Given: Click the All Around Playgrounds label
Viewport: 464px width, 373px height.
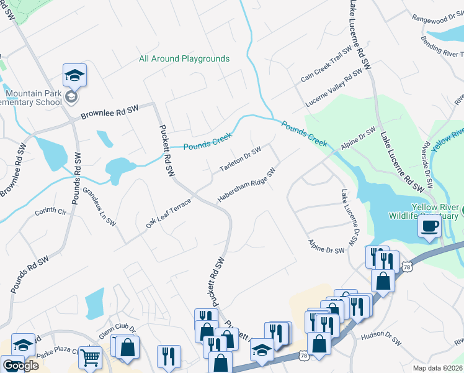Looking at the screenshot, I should (184, 59).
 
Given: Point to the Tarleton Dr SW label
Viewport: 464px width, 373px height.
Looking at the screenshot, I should (241, 159).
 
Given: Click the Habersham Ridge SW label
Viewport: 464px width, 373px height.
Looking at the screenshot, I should (246, 185).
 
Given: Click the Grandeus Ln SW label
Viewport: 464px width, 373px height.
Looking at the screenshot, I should (99, 204).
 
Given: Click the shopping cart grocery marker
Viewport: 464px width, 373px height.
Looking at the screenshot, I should (91, 357).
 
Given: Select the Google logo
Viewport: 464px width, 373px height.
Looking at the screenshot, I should (20, 366).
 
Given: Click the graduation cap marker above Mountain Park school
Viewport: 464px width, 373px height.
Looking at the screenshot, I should (74, 75).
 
